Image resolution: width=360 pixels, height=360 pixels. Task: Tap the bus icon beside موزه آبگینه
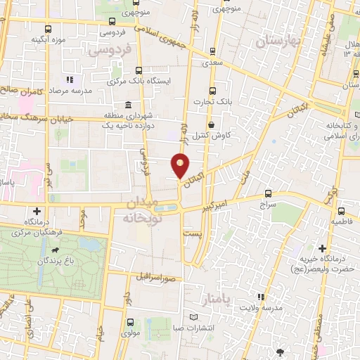48,30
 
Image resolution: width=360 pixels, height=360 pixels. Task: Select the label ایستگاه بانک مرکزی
148,82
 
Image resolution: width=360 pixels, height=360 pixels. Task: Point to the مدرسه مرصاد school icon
69,79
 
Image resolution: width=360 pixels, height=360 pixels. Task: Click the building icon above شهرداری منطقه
128,105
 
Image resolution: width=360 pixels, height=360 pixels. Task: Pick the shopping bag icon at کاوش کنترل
211,124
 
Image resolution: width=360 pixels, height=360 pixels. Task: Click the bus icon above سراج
267,193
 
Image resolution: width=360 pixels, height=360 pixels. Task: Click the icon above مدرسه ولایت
261,297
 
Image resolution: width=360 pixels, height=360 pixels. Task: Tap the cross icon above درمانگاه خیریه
322,248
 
